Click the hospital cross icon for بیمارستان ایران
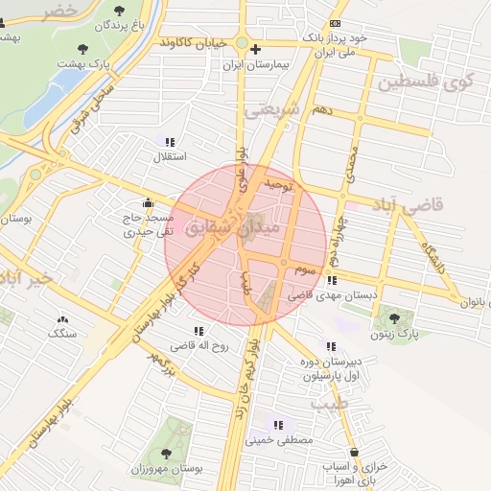tap(255, 49)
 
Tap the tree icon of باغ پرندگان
tap(119, 11)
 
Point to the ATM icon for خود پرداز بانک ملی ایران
tap(334, 23)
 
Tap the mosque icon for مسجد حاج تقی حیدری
tap(147, 203)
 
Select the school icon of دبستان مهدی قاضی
tap(331, 280)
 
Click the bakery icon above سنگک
tap(63, 319)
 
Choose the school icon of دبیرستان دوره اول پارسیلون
tap(331, 346)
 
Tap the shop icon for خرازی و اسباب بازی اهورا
tap(355, 452)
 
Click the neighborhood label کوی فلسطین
tap(426, 82)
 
